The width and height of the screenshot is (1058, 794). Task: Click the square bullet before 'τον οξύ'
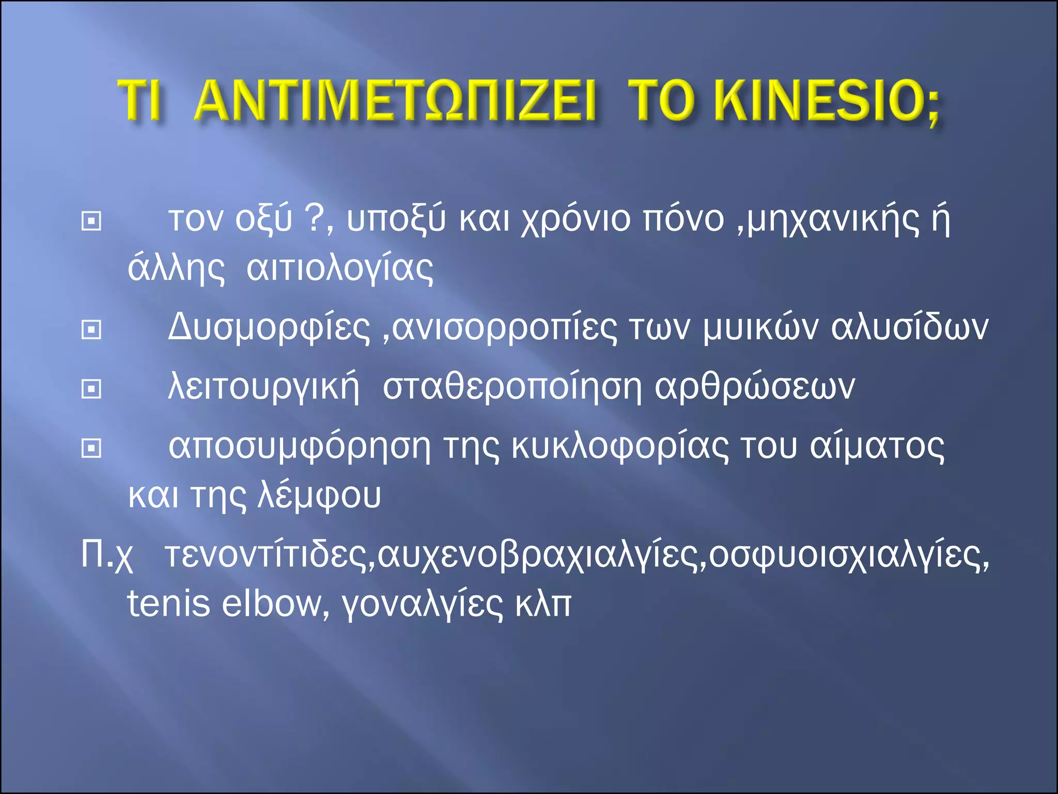point(91,221)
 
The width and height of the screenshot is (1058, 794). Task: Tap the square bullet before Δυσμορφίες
point(91,329)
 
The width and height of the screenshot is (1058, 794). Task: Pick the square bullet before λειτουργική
point(91,389)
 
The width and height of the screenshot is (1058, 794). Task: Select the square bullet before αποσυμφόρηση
point(91,448)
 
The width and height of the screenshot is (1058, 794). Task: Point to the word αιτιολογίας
point(340,269)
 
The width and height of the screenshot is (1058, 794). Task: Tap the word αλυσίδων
point(909,328)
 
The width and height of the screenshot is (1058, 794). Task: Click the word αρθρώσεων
point(755,387)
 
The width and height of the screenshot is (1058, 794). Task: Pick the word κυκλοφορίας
point(620,447)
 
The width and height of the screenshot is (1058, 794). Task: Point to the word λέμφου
point(319,495)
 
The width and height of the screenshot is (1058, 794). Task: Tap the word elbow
point(272,603)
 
